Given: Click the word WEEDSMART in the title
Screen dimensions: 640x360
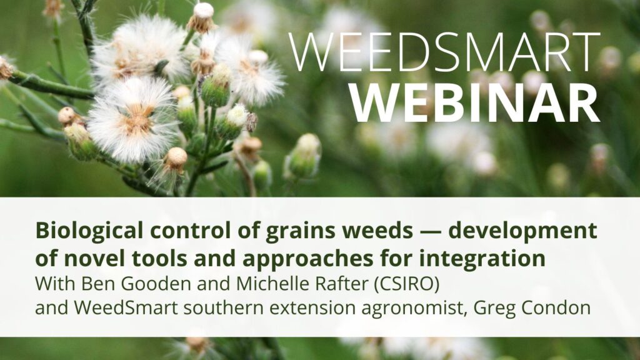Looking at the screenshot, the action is (444, 52).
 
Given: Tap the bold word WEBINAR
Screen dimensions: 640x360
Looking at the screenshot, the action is (476, 103).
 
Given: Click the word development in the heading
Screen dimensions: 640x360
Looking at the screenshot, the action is (523, 232).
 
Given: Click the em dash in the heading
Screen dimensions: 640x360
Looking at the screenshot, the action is (430, 232).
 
